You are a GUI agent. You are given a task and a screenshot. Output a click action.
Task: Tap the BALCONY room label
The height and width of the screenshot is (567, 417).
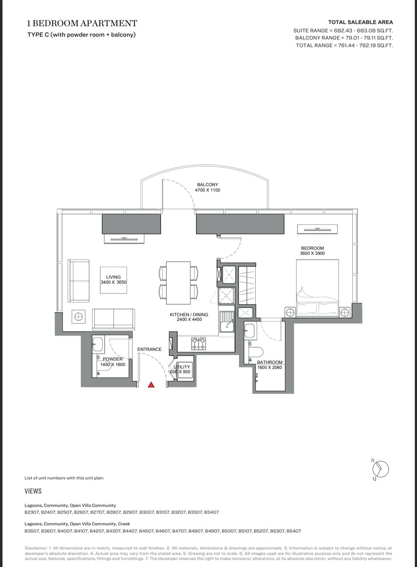click(x=208, y=185)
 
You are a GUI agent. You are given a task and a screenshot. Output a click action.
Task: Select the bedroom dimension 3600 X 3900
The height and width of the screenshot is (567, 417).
click(x=312, y=253)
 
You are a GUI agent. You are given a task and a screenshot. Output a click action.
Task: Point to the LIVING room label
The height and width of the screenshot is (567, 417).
click(x=113, y=277)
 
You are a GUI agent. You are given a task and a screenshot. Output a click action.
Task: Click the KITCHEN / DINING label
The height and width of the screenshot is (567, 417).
click(x=189, y=315)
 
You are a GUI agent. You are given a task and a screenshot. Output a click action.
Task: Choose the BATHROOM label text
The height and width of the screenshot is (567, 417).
click(x=270, y=362)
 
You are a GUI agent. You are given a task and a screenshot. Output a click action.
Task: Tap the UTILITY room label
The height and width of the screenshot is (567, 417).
click(x=182, y=367)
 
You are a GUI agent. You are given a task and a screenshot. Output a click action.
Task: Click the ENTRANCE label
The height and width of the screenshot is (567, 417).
click(x=149, y=349)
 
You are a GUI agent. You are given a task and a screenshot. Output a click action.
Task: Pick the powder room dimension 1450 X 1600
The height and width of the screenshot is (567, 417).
click(x=113, y=364)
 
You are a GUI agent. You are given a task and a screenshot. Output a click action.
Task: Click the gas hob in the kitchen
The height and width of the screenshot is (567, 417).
click(x=199, y=343)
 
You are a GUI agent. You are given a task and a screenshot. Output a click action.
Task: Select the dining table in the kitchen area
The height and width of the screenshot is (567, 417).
click(x=178, y=283)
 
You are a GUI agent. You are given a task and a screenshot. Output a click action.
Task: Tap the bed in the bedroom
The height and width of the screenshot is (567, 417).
click(x=317, y=288)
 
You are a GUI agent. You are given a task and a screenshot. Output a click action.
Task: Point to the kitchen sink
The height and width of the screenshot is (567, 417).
click(x=227, y=322)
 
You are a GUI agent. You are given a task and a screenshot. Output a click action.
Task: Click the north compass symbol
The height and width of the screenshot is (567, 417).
click(x=380, y=469)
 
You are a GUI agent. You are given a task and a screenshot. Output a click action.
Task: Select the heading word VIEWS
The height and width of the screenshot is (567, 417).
click(x=33, y=491)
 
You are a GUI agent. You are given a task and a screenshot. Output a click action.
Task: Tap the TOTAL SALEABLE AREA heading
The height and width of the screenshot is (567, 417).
click(x=361, y=22)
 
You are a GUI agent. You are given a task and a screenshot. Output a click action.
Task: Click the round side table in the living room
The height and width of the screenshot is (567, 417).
click(x=78, y=316)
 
